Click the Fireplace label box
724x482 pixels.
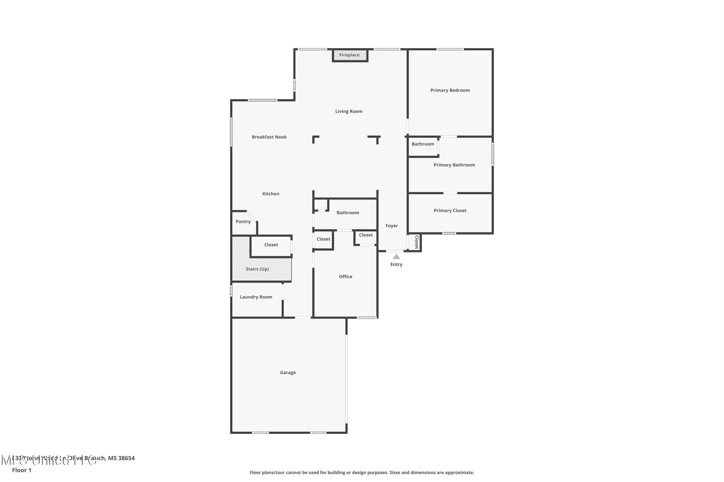tap(350, 55)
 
